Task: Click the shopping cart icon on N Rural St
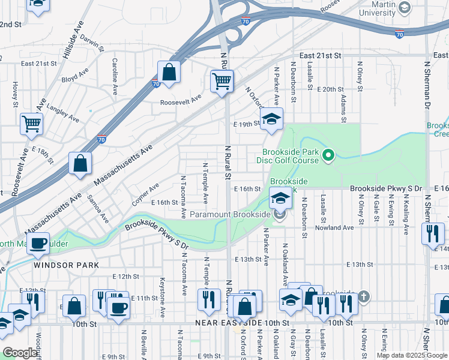(221, 81)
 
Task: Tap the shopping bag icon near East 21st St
(169, 73)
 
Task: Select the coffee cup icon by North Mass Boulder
(38, 243)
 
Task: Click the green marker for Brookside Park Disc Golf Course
(328, 156)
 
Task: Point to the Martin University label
(377, 8)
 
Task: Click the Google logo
(20, 352)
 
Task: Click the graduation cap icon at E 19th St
(271, 118)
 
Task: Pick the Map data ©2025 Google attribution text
(411, 355)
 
